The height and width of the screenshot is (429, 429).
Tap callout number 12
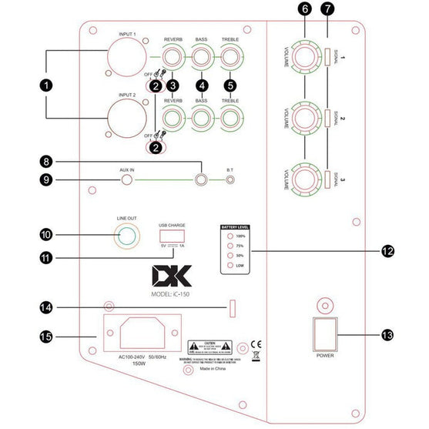[387, 251]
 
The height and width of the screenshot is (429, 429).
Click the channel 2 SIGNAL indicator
[327, 119]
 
